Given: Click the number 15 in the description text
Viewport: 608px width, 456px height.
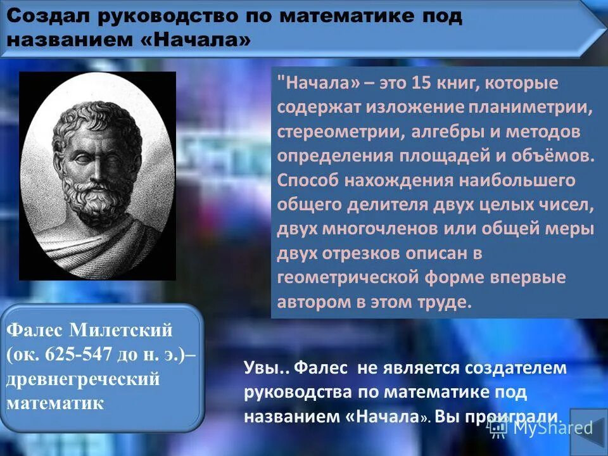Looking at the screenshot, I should [x=421, y=84].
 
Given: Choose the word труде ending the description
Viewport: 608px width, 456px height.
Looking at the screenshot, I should [x=447, y=302].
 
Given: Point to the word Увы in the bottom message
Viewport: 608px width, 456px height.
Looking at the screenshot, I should [x=260, y=368].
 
